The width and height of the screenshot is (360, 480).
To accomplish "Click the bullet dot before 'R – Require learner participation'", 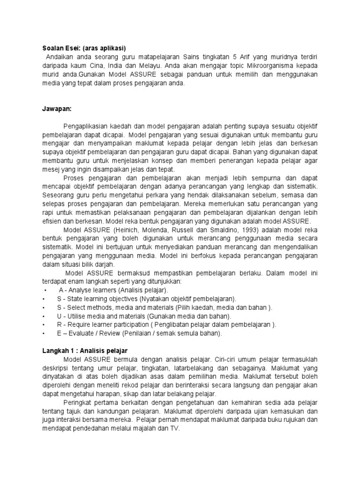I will [43, 325].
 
